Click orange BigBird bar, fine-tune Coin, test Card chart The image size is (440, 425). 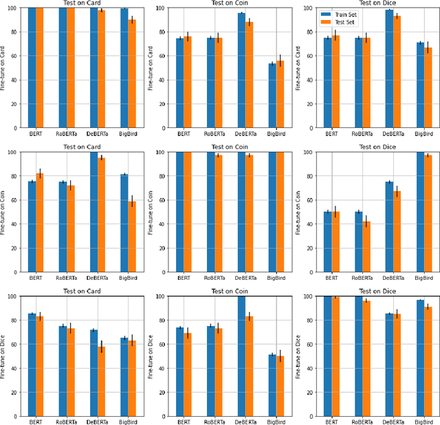pos(131,237)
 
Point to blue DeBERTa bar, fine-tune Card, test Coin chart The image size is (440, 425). pos(241,70)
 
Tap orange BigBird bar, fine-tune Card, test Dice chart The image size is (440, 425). pos(428,87)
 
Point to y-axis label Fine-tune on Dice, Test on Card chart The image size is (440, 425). pos(3,357)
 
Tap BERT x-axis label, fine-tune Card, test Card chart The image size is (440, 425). pos(36,133)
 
